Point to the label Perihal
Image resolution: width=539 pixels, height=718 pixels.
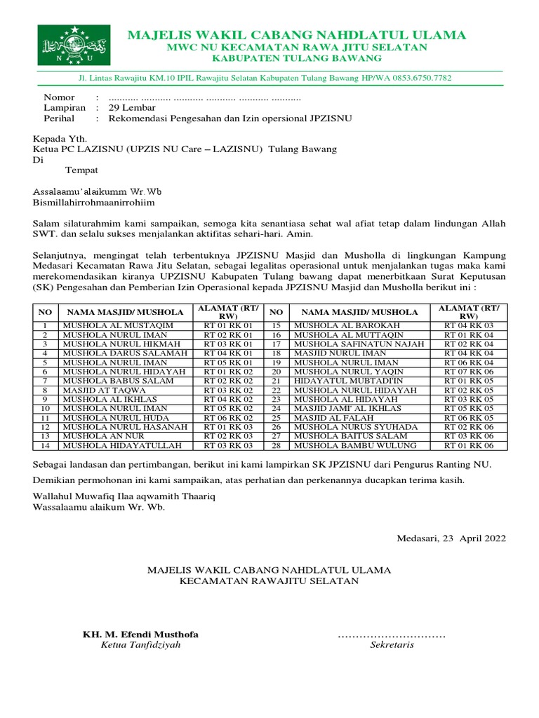coord(60,118)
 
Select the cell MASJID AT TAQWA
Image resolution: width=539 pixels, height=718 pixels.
coord(105,389)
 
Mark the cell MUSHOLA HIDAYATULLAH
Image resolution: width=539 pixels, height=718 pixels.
coord(122,445)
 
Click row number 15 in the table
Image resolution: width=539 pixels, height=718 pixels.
coord(276,325)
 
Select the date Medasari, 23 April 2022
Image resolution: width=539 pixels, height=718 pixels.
coord(451,538)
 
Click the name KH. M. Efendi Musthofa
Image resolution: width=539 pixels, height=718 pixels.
coord(140,635)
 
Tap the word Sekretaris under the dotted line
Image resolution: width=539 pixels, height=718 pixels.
coord(392,645)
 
